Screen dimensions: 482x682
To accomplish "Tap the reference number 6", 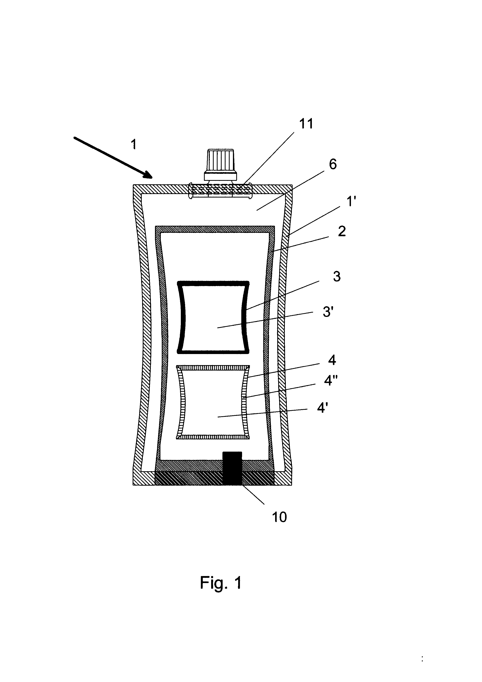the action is click(333, 164).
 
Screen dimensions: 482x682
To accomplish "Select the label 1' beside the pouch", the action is click(351, 202).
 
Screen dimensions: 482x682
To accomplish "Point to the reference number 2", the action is click(342, 231).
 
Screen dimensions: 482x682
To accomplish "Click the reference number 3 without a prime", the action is click(337, 276).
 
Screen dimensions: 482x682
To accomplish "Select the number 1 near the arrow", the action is click(134, 145).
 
